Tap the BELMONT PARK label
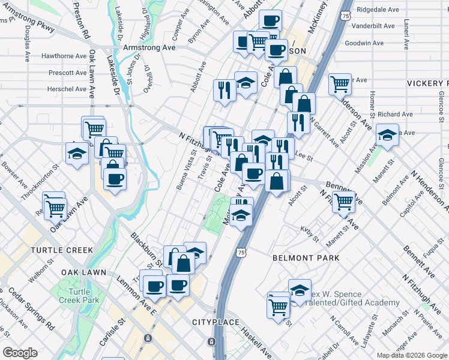[x=306, y=258]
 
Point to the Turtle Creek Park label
[x=83, y=296]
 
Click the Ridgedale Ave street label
[x=378, y=10]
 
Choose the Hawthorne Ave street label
[x=64, y=56]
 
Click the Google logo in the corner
[x=20, y=353]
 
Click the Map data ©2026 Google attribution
[x=412, y=355]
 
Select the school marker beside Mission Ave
[x=387, y=136]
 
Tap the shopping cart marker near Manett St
[x=344, y=202]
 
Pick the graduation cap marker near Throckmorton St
[x=76, y=155]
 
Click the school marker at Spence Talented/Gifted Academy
[x=300, y=291]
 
